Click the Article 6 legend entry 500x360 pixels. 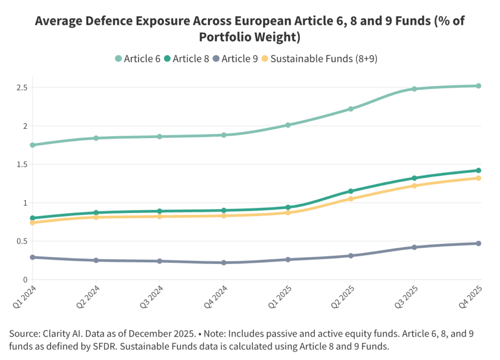(x=139, y=59)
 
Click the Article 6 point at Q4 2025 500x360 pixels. (x=479, y=86)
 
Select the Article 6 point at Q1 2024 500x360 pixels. (x=33, y=145)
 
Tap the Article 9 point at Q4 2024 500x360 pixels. (x=224, y=263)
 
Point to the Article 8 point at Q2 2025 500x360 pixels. (x=351, y=191)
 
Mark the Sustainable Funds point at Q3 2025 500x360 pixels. (x=415, y=186)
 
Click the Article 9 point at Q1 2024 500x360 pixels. (x=33, y=257)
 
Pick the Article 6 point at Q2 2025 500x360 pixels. (x=351, y=109)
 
